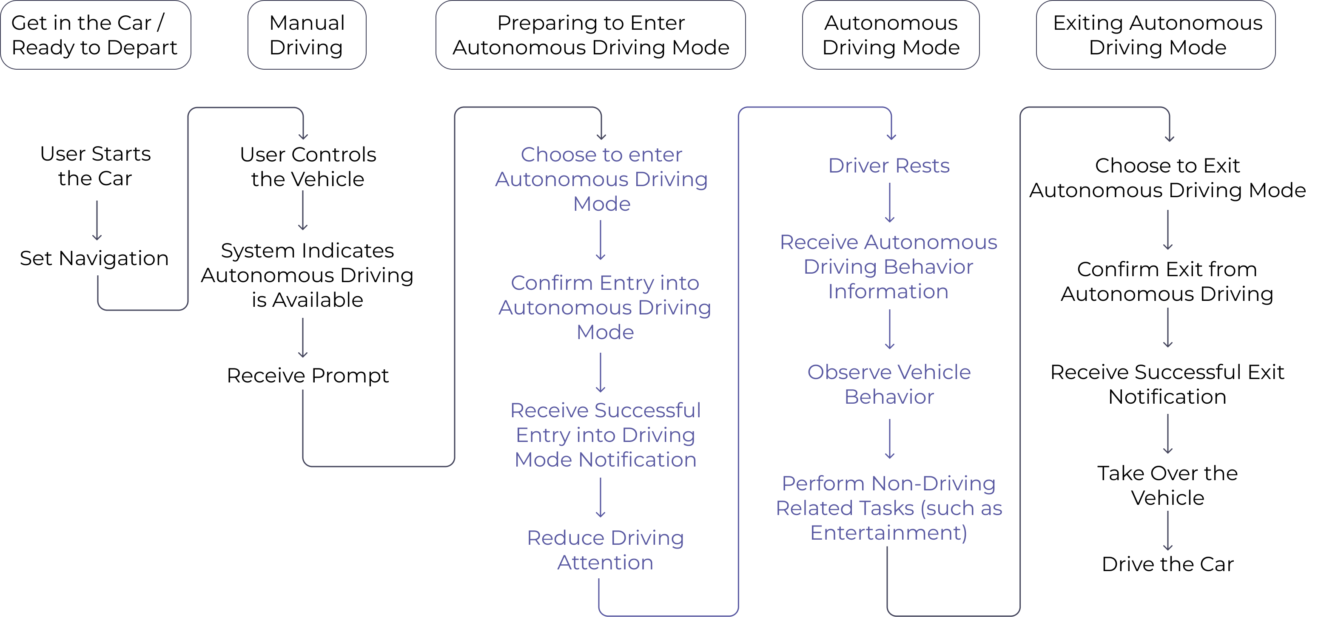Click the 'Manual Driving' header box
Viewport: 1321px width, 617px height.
307,35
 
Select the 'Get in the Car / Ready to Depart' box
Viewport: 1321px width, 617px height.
95,35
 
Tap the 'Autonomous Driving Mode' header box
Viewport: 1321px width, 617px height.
891,35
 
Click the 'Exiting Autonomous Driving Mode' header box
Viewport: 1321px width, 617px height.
1156,35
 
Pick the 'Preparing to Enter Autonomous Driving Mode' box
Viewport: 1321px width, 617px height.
591,35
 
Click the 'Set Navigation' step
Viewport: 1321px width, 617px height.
94,258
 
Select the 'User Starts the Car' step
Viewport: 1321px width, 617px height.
95,166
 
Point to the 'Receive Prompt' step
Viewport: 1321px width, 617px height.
307,376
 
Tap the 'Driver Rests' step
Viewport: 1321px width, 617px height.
889,166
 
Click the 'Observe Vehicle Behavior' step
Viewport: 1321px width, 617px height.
889,384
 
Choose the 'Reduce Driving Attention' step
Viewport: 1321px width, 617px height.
606,550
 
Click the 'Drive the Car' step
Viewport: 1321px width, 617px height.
1167,564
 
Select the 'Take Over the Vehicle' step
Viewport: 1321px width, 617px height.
1167,485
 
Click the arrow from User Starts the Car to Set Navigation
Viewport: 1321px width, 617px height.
97,221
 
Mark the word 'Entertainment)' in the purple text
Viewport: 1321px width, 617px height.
889,533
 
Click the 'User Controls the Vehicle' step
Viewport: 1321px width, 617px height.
307,167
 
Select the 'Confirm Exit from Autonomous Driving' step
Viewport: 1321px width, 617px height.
1167,282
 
